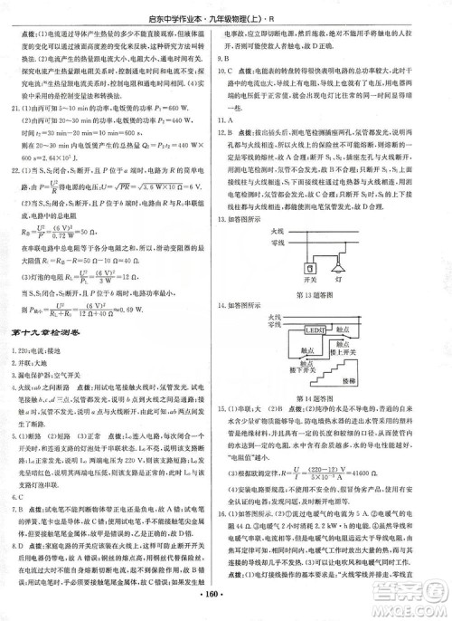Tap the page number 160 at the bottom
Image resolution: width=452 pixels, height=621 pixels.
[226, 603]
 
